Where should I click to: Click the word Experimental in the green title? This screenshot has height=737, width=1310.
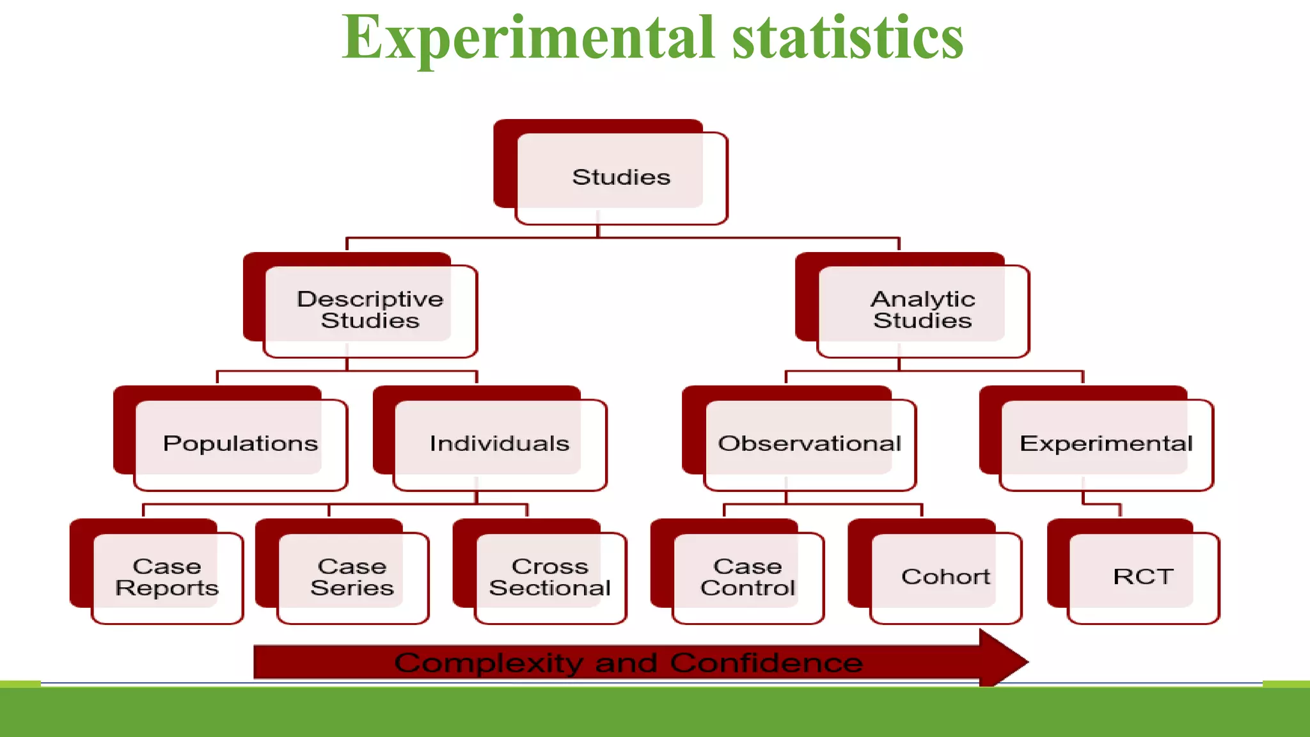click(528, 38)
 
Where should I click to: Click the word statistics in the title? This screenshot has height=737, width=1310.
click(848, 38)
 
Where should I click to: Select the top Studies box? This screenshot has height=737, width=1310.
click(620, 177)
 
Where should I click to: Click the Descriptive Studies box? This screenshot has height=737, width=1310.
click(370, 310)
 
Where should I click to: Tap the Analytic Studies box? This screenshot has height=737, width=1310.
click(922, 310)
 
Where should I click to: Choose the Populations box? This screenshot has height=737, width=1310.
click(240, 443)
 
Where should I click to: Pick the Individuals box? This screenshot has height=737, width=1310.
click(499, 443)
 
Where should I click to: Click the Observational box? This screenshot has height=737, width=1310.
click(809, 443)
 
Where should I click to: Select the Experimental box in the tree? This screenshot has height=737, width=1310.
click(1105, 443)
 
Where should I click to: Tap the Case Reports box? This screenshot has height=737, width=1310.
click(166, 576)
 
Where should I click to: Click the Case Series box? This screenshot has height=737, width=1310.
click(352, 576)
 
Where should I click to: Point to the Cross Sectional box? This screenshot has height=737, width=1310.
click(549, 576)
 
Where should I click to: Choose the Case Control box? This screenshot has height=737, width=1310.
click(747, 576)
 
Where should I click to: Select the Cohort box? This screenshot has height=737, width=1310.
click(945, 576)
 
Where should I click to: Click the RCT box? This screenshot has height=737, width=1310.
click(1142, 576)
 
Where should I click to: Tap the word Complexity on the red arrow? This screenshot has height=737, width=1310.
click(488, 663)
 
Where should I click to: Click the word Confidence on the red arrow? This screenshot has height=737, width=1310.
click(766, 663)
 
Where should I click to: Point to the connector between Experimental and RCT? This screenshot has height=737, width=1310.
click(1101, 504)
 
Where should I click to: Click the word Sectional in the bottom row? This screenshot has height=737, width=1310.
click(549, 588)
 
